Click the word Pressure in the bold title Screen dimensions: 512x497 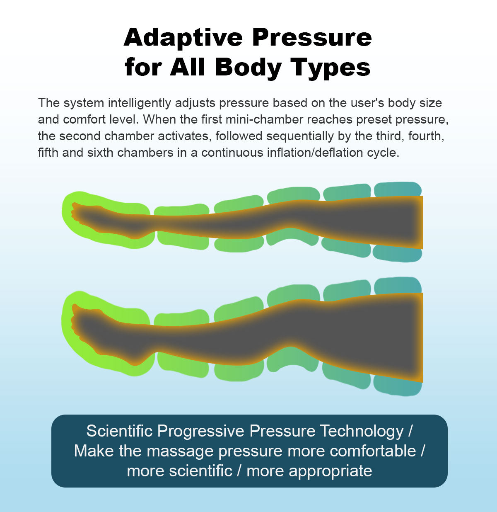312,37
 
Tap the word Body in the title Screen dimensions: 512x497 248,67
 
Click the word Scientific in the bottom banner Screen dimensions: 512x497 120,431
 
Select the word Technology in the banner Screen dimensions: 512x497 362,431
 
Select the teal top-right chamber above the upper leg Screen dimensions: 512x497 398,189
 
